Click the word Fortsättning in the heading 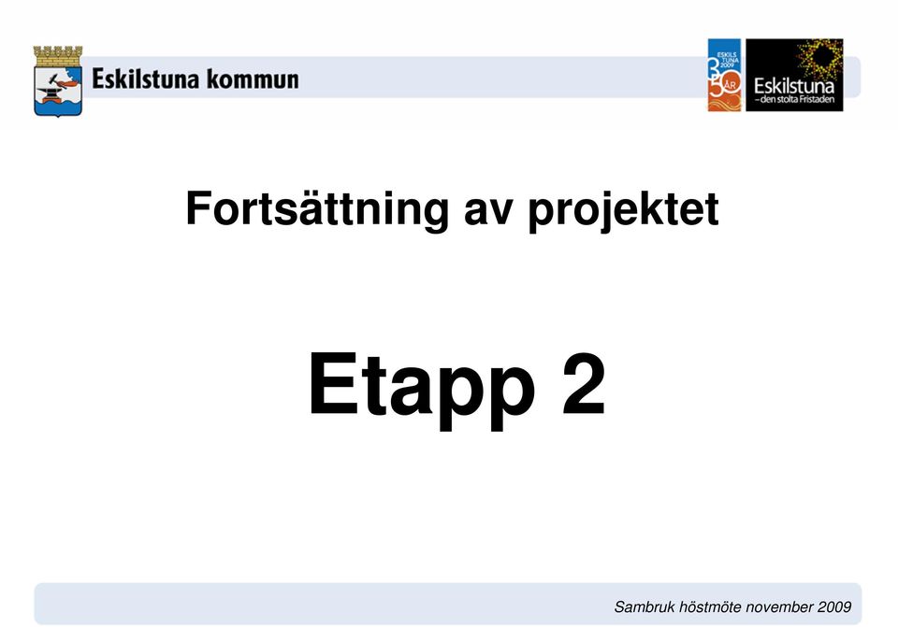click(317, 210)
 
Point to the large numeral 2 click(584, 383)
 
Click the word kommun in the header click(253, 78)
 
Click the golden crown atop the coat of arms click(58, 56)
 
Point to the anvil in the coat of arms click(51, 93)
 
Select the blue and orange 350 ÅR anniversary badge click(724, 75)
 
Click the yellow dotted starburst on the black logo click(821, 58)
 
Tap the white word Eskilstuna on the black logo click(794, 86)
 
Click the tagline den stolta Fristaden click(794, 100)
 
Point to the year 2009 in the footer click(834, 607)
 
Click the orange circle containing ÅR click(731, 86)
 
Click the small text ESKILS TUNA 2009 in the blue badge click(728, 60)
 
